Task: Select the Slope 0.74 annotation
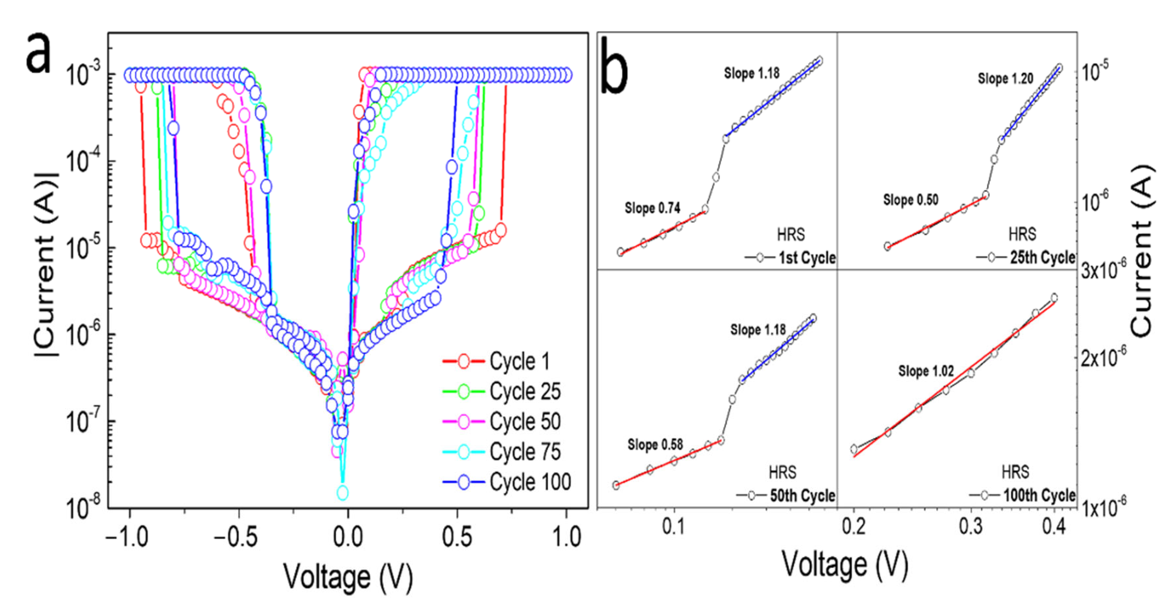pos(652,209)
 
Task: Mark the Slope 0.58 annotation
pos(655,444)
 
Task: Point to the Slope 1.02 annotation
pos(926,371)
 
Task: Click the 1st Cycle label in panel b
pos(807,258)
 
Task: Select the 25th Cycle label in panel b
pos(1042,258)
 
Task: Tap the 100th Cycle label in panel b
pos(1039,495)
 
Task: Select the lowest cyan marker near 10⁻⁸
pos(342,492)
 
